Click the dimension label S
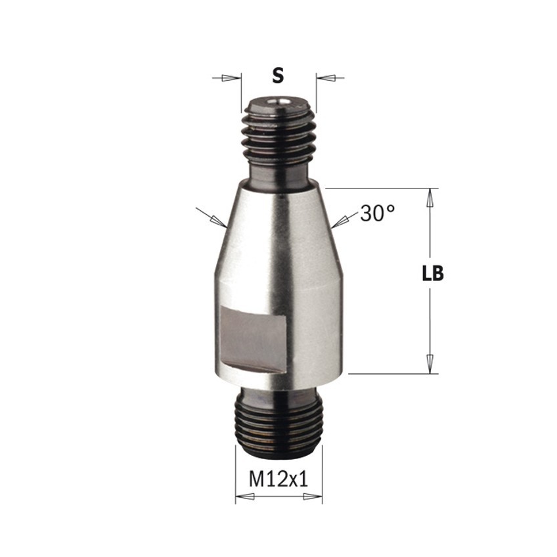(x=278, y=76)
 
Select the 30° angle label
(x=377, y=213)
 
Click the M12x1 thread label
(x=278, y=479)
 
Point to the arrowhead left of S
(x=230, y=78)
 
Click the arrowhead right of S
(x=326, y=77)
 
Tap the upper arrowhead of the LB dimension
(x=430, y=197)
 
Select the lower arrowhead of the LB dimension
(x=430, y=364)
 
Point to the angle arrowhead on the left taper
(x=219, y=221)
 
